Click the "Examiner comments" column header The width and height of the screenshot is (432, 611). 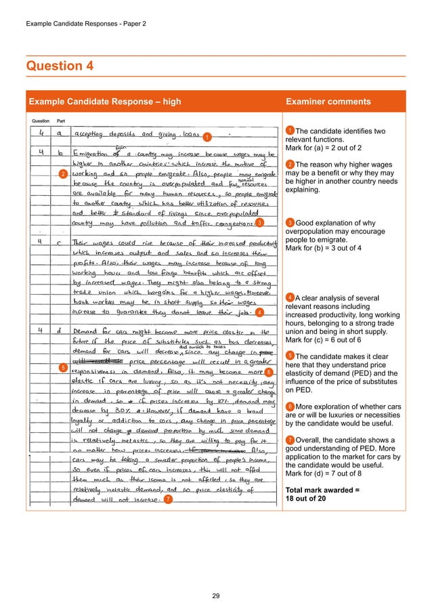328,102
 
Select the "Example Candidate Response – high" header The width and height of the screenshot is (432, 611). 104,102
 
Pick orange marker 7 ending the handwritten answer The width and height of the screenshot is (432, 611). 168,500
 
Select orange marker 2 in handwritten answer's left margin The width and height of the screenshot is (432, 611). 63,175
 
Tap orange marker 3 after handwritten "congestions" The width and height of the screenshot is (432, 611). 260,222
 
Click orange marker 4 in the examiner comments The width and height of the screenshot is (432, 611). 290,297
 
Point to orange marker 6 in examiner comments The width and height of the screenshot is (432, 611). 290,406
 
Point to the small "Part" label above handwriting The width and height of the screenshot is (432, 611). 61,121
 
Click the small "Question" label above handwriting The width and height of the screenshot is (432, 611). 41,121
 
